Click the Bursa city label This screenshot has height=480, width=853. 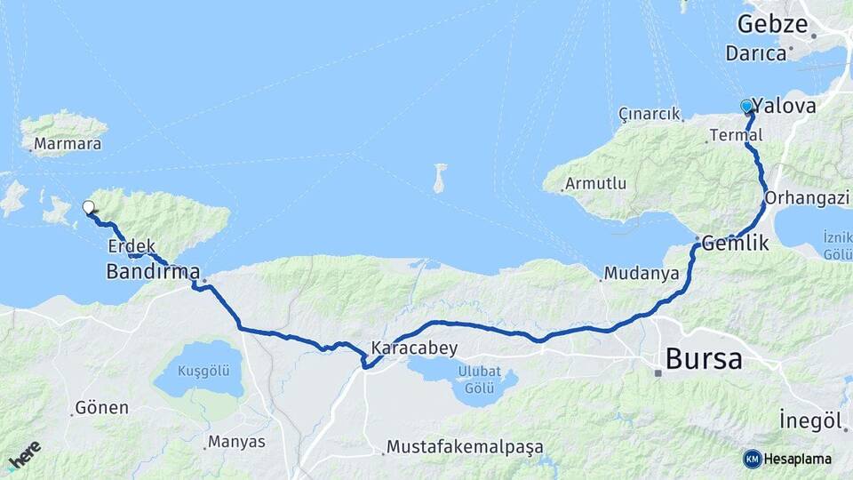[x=703, y=359]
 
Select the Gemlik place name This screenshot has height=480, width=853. [x=734, y=242]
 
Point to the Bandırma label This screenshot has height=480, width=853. [x=152, y=271]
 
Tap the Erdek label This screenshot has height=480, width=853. [x=132, y=246]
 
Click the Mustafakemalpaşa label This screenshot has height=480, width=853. [x=465, y=446]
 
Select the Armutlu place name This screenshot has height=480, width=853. [x=600, y=184]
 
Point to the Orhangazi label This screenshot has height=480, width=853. [x=807, y=197]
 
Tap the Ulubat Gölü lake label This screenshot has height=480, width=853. [x=480, y=377]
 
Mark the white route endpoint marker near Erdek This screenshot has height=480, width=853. [x=88, y=207]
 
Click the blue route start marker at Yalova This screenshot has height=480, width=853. [x=746, y=106]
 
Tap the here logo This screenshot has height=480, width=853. [x=24, y=454]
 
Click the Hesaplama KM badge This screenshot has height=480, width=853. [x=787, y=459]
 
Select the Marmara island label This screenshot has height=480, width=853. [x=68, y=144]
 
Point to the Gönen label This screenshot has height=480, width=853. [x=101, y=408]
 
